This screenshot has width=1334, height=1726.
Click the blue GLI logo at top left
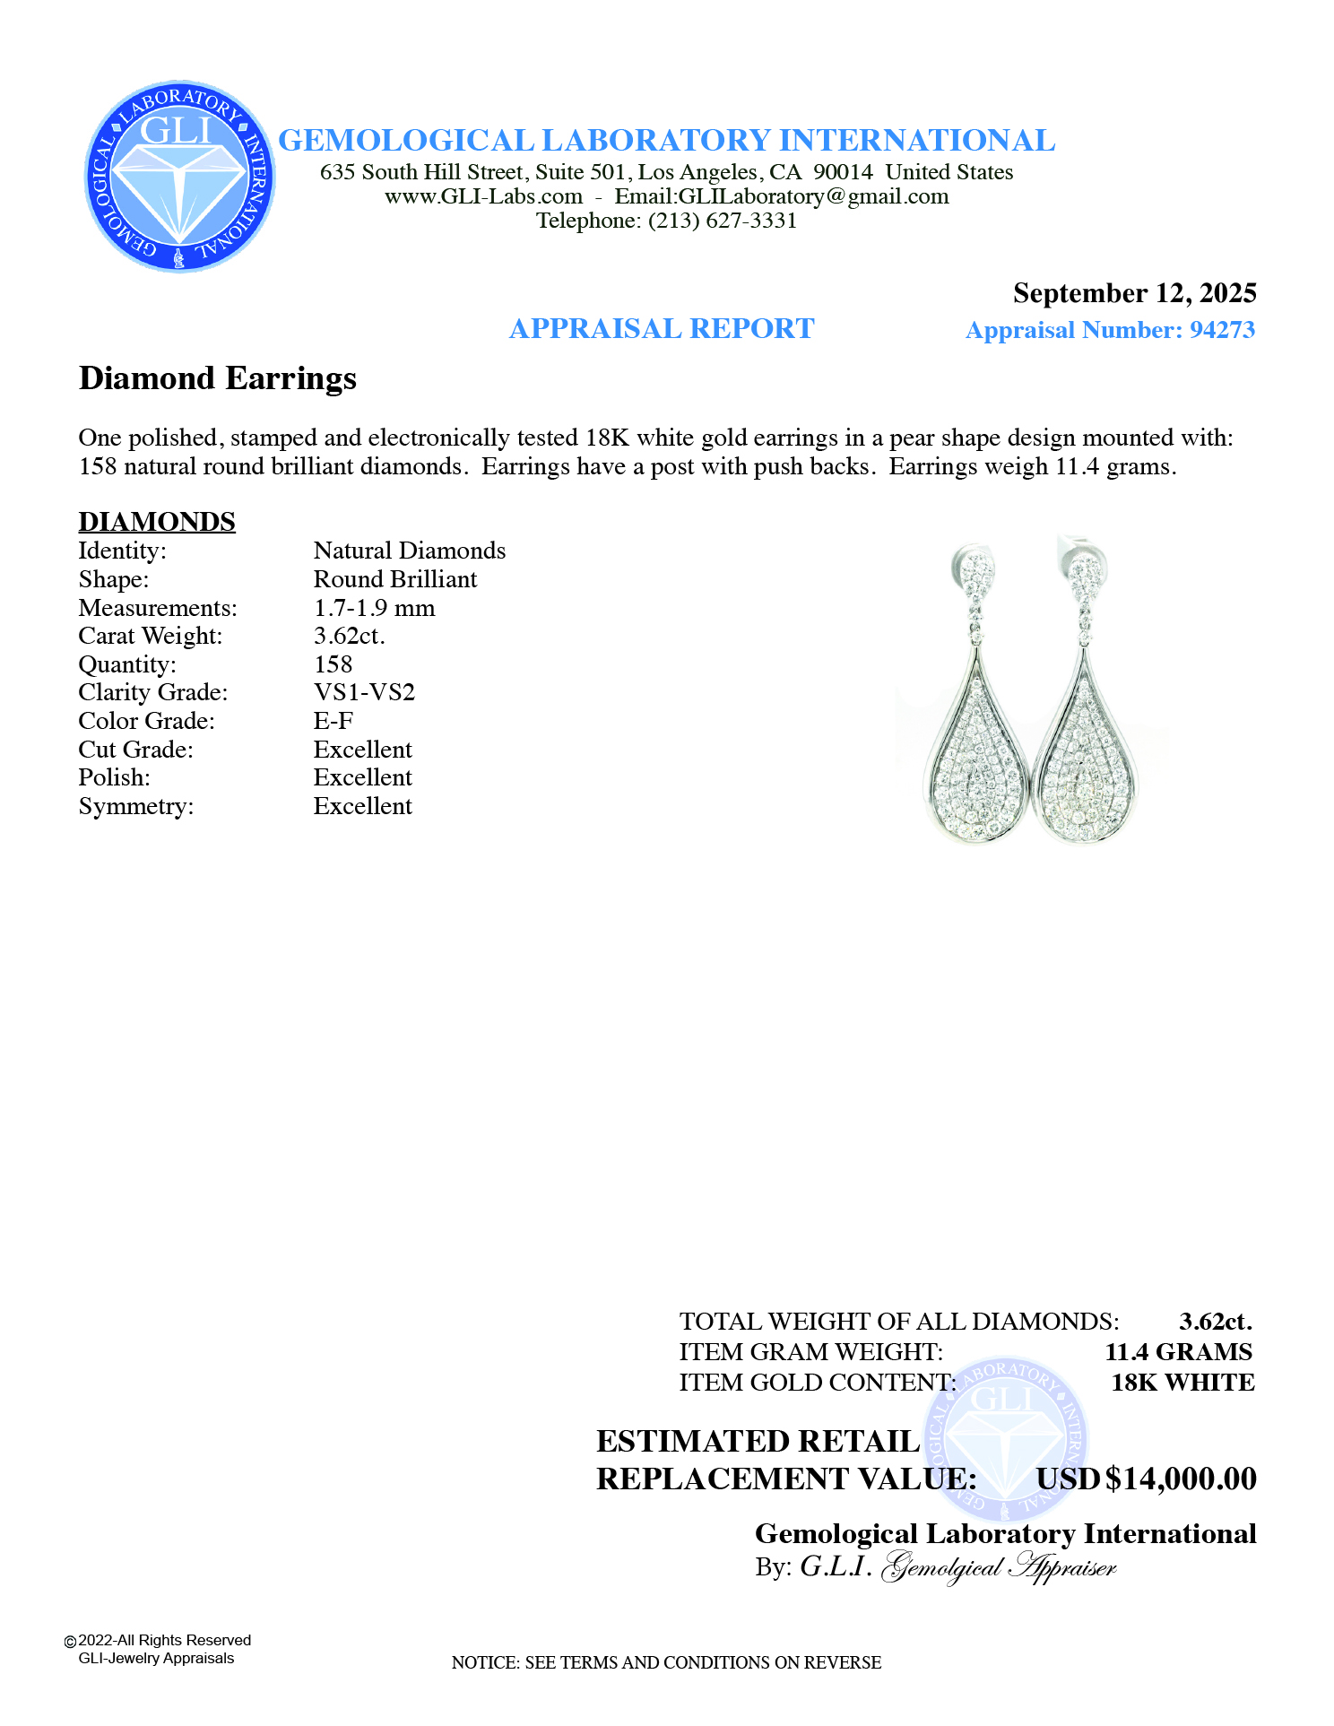click(179, 177)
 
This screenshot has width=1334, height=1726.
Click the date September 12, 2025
click(1134, 293)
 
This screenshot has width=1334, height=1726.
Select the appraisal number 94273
click(1223, 330)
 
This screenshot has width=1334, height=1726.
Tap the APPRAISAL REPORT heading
click(662, 329)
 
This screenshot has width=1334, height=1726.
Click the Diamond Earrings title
click(218, 378)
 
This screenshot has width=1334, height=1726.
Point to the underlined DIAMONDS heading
click(157, 522)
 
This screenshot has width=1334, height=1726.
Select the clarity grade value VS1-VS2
click(364, 692)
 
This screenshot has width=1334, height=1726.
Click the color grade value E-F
click(333, 721)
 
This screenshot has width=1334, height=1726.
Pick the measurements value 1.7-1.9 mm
click(374, 608)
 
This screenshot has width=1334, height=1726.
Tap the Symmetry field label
click(136, 806)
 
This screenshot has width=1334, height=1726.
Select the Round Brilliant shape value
click(395, 579)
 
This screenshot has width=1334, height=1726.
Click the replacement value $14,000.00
click(1181, 1479)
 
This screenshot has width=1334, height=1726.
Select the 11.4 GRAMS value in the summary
click(1178, 1352)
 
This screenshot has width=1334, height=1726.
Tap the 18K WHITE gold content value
click(1182, 1383)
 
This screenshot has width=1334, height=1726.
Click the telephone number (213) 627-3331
click(723, 221)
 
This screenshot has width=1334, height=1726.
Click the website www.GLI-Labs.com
click(483, 196)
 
